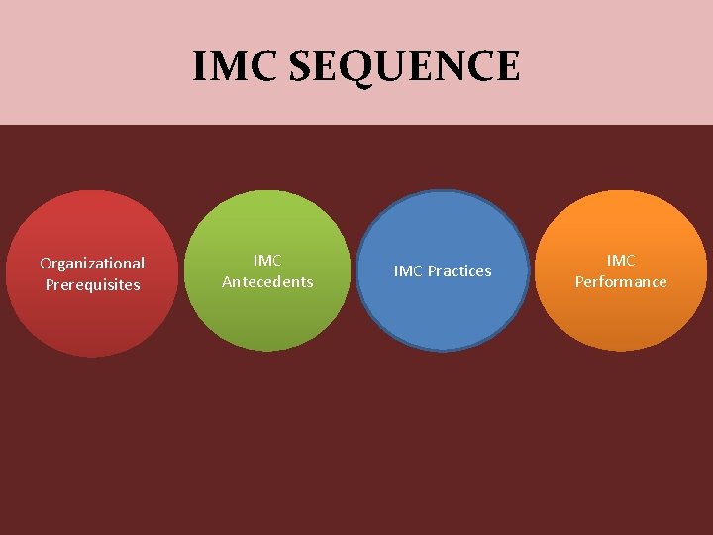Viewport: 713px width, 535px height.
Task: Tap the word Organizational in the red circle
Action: click(92, 263)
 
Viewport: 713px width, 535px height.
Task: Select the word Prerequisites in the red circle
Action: click(92, 285)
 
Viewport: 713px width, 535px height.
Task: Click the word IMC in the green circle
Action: click(267, 260)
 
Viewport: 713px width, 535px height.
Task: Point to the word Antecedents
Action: click(267, 282)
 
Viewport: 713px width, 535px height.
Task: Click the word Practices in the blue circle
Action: click(459, 271)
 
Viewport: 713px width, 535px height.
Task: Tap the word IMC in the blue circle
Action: click(409, 271)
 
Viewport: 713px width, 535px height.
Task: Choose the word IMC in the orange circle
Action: click(621, 260)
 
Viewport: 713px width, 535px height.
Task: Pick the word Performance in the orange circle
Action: click(621, 282)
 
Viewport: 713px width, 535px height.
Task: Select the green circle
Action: click(267, 317)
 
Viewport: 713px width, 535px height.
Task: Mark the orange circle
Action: click(621, 317)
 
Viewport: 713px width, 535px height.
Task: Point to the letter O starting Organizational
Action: click(46, 263)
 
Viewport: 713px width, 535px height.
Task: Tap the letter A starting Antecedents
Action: click(227, 282)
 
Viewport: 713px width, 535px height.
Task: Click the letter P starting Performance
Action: click(579, 282)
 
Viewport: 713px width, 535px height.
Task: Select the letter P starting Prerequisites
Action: click(50, 285)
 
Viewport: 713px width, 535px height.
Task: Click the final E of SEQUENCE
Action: click(506, 66)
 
